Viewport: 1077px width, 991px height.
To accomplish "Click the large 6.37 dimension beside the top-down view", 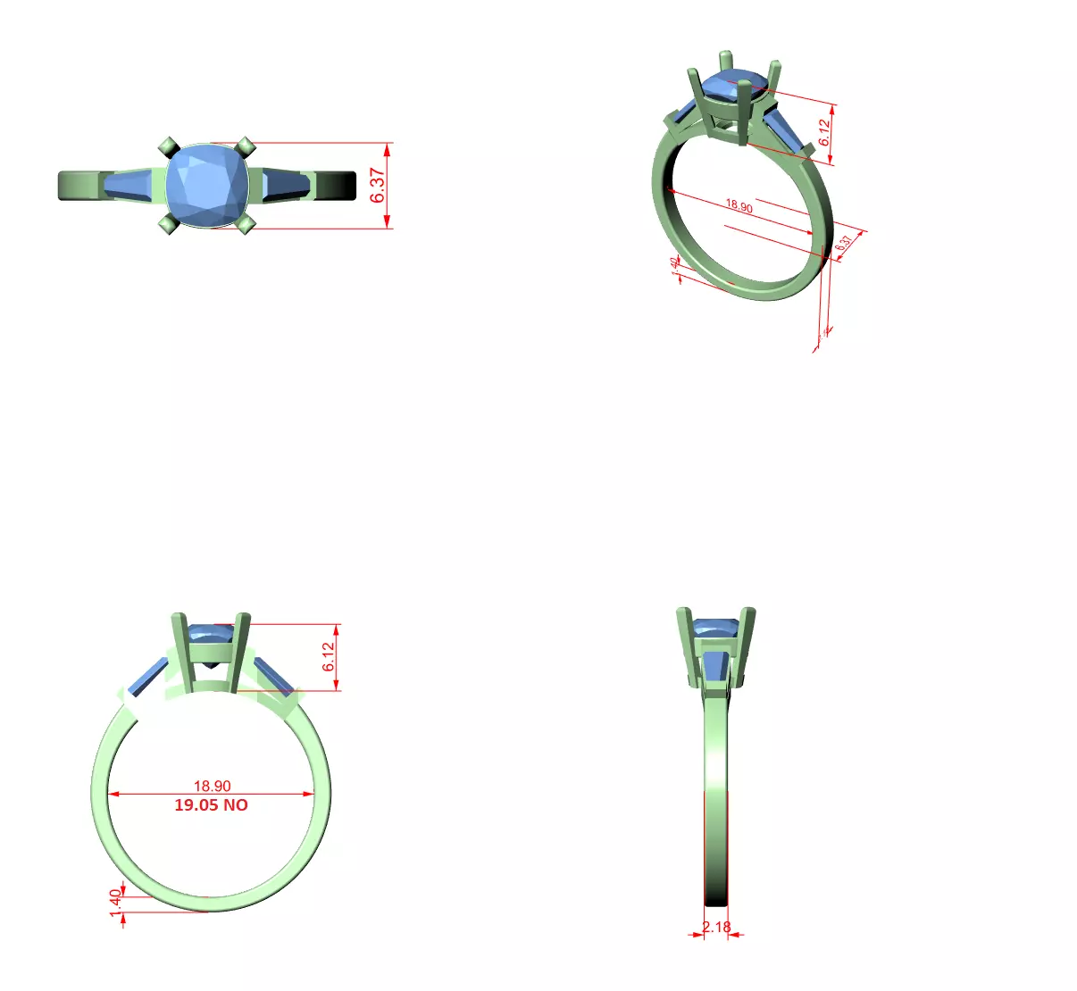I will pos(378,185).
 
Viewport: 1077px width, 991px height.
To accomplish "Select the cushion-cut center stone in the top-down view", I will pos(206,186).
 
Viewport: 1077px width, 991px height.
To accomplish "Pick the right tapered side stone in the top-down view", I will pos(286,185).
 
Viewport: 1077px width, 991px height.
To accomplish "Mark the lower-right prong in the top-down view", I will pos(246,224).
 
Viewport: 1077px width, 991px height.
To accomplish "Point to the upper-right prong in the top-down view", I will pos(246,146).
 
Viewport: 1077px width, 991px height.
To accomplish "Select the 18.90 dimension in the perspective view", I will pos(739,205).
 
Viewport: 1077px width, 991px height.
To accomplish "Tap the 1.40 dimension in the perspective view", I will pos(673,266).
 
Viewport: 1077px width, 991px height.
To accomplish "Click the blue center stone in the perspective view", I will pos(734,85).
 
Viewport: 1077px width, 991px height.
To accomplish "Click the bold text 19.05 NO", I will pos(211,805).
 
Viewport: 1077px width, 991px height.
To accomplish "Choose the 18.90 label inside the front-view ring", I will pos(212,786).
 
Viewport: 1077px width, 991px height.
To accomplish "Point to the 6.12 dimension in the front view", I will pos(329,656).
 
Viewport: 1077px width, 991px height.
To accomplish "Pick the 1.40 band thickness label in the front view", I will pos(114,902).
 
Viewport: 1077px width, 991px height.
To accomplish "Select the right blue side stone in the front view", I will pos(273,676).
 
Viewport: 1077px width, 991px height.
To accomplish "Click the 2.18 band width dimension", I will pos(716,927).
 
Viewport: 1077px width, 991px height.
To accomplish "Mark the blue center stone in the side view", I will pos(715,627).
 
